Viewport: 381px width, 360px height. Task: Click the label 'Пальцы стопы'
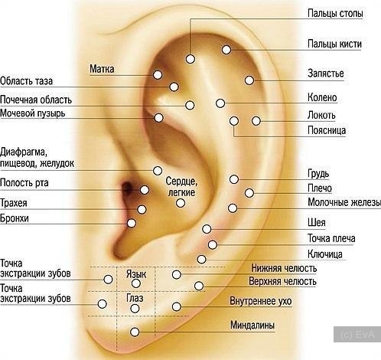pyautogui.click(x=335, y=14)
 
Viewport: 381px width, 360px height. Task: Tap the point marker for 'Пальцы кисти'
pyautogui.click(x=226, y=50)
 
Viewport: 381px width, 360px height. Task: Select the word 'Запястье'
pyautogui.click(x=326, y=74)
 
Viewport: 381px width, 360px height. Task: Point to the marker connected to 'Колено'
pyautogui.click(x=220, y=103)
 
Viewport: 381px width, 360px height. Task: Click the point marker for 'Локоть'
pyautogui.click(x=256, y=121)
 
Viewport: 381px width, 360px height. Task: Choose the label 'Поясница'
pyautogui.click(x=327, y=130)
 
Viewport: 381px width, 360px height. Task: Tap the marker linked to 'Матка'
pyautogui.click(x=158, y=75)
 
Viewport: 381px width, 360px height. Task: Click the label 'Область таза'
pyautogui.click(x=26, y=81)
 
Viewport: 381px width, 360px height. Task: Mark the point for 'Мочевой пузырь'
pyautogui.click(x=158, y=118)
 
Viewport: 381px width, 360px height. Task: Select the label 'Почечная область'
pyautogui.click(x=36, y=100)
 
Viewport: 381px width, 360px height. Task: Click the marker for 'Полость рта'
pyautogui.click(x=145, y=190)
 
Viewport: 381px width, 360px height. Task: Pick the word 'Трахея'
pyautogui.click(x=14, y=203)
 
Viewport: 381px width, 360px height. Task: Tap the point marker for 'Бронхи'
pyautogui.click(x=132, y=223)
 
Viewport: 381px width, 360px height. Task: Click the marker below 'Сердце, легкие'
pyautogui.click(x=181, y=203)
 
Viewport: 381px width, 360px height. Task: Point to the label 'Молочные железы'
pyautogui.click(x=344, y=202)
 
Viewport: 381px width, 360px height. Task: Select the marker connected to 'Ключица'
pyautogui.click(x=201, y=259)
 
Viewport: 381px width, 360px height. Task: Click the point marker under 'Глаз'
pyautogui.click(x=135, y=309)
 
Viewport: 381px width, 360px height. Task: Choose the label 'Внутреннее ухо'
pyautogui.click(x=261, y=301)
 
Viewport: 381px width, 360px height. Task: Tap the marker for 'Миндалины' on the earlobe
pyautogui.click(x=135, y=332)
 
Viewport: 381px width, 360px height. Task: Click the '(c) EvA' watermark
pyautogui.click(x=357, y=334)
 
